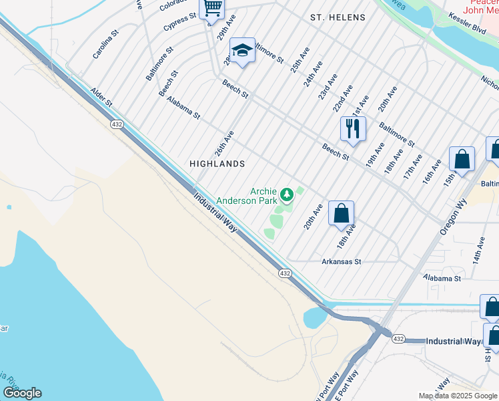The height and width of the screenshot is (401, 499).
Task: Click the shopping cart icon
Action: pos(212,8)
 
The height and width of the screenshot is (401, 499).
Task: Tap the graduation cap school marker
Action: pos(242,50)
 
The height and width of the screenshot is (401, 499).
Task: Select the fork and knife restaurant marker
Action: pos(353,128)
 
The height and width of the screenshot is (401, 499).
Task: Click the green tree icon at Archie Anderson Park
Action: pos(287,195)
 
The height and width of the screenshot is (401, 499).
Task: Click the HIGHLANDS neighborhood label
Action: pos(217,164)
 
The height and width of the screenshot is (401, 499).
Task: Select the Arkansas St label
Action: pos(341,262)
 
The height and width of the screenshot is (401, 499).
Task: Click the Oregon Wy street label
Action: pos(454,214)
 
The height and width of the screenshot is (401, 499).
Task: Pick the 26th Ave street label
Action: pos(225,142)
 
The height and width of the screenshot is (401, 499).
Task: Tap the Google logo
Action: pos(22,393)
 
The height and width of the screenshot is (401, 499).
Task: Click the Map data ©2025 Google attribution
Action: pos(457,396)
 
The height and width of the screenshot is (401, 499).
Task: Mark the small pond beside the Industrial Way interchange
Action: pos(314,318)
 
